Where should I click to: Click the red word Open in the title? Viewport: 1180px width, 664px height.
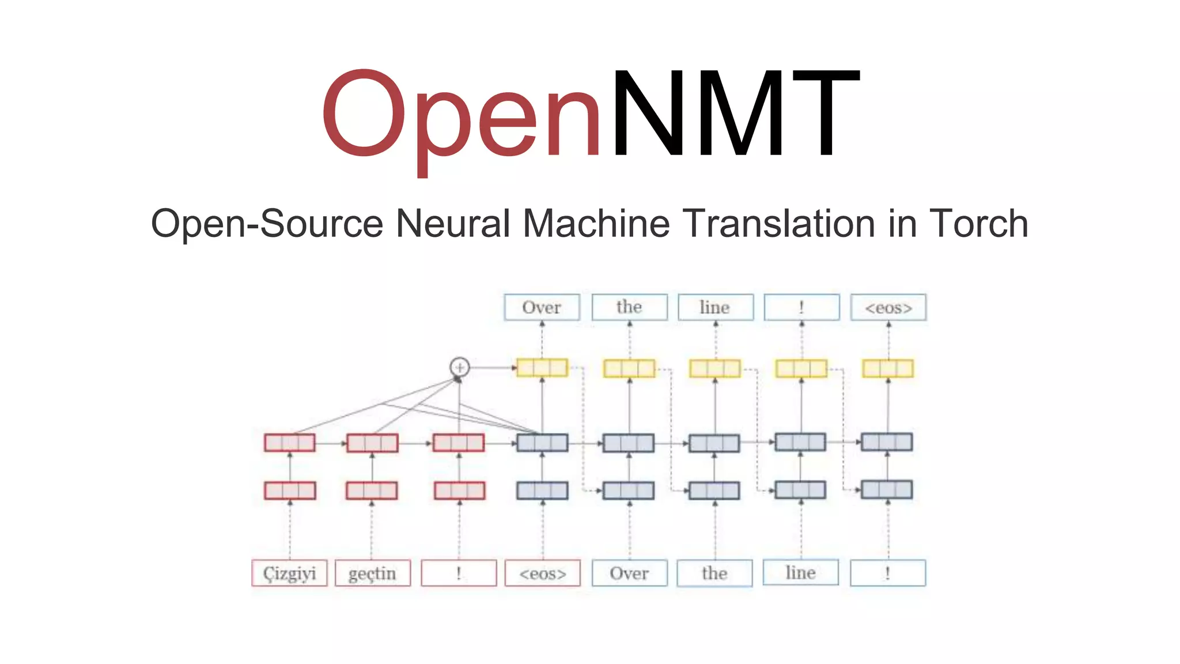461,115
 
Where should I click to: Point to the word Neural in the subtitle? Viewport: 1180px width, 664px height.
453,224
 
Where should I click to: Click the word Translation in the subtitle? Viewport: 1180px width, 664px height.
779,224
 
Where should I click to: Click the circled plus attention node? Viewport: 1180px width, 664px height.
459,367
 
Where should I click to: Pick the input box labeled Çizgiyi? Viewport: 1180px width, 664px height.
289,574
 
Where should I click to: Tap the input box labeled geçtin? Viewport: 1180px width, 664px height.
372,574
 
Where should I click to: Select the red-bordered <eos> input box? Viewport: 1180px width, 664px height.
542,574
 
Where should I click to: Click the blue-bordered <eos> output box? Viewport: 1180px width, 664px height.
888,308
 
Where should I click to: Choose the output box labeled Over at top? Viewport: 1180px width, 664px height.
542,308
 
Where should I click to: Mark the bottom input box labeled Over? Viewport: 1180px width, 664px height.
629,574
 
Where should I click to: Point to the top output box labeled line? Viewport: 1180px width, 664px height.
715,308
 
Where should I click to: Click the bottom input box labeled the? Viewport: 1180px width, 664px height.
714,574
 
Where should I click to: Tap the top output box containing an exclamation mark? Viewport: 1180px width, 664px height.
801,308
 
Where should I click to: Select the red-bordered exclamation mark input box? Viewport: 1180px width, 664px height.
459,574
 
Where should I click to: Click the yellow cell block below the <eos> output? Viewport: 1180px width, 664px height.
888,368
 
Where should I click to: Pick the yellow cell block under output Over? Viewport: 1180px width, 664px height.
542,368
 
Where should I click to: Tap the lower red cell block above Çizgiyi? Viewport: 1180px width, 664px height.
290,491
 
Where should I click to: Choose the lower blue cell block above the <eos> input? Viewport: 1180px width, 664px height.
542,491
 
